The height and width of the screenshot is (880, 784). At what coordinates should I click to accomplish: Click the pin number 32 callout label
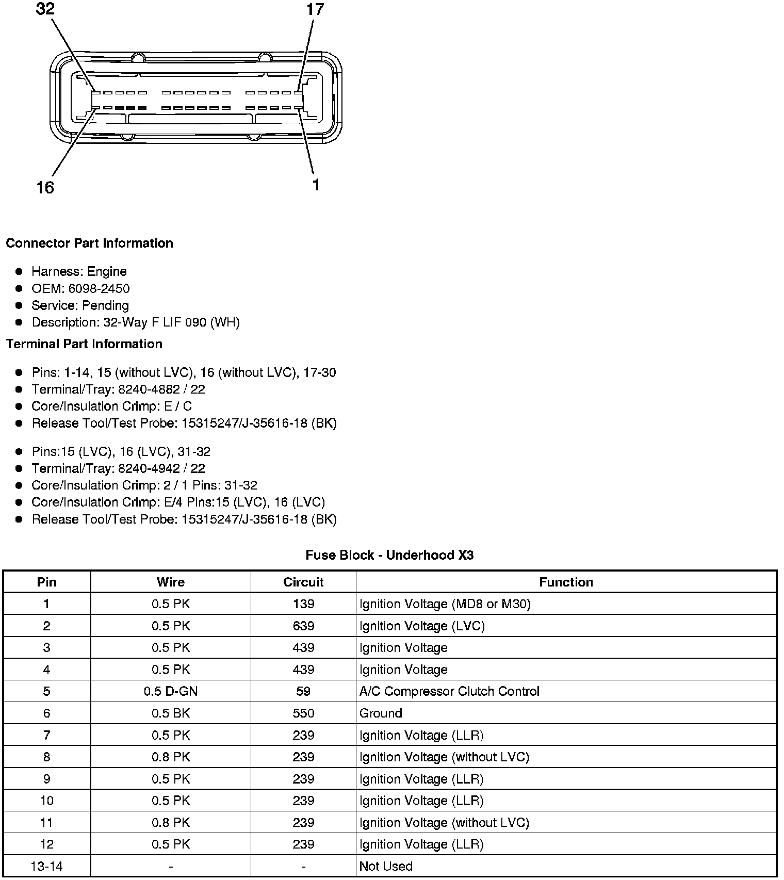pos(45,9)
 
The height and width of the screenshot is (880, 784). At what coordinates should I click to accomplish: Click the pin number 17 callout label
pos(315,9)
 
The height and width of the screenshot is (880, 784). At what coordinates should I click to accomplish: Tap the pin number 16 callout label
pos(45,188)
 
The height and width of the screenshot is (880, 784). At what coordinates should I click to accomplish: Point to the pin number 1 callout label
pos(316,185)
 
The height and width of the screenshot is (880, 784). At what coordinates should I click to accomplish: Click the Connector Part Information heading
pos(89,243)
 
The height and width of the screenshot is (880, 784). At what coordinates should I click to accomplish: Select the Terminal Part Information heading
pos(84,344)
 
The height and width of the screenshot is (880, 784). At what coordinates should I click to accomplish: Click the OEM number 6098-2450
pos(99,288)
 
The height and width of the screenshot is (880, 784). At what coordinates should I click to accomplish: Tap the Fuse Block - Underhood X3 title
pos(389,555)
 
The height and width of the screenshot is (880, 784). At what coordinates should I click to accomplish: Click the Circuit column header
pos(303,582)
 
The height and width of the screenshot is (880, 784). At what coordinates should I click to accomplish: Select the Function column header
pos(566,582)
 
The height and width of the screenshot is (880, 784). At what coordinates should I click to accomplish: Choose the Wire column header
pos(171,582)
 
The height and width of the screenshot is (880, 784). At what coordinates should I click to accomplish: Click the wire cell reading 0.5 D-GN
pos(171,691)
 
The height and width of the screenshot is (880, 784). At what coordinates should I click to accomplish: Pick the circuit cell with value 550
pos(303,713)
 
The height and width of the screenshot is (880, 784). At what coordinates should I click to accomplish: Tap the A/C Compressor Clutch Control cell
pos(449,691)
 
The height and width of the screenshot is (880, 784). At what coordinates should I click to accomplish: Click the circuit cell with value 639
pos(303,626)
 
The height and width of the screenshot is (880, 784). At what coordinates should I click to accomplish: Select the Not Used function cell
pos(386,866)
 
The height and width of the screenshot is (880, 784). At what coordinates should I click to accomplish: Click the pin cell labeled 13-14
pos(46,866)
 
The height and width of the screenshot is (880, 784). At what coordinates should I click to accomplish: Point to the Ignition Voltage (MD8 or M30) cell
pos(445,604)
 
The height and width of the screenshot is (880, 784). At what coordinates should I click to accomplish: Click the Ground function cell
pos(381,713)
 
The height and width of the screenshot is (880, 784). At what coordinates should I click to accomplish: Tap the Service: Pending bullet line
pos(80,305)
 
